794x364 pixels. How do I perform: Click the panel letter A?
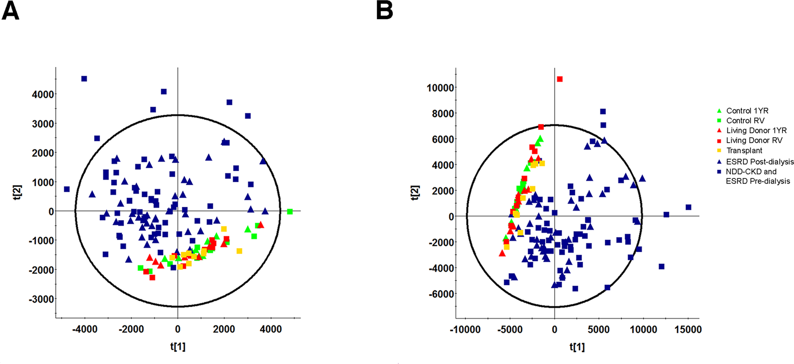tap(10, 10)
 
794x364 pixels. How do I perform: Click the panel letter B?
tap(385, 10)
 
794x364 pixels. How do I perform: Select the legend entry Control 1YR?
tap(747, 111)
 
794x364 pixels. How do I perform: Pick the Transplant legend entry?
tap(744, 150)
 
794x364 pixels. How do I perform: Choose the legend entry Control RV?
tap(745, 121)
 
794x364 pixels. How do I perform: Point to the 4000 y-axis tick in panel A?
tap(43, 94)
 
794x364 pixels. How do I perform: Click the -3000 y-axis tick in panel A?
tap(42, 299)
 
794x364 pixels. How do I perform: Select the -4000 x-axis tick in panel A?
tap(85, 329)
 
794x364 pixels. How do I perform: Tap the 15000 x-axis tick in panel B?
tap(688, 330)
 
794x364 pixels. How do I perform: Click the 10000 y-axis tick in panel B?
tap(440, 88)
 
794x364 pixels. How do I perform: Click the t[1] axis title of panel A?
tap(178, 346)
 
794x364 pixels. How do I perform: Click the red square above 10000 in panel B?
tap(559, 79)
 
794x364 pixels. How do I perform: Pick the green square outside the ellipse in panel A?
tap(290, 212)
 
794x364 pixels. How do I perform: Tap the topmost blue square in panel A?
tap(84, 79)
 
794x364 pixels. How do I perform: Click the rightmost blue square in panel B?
tap(688, 207)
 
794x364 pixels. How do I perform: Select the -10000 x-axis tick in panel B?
tap(465, 330)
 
